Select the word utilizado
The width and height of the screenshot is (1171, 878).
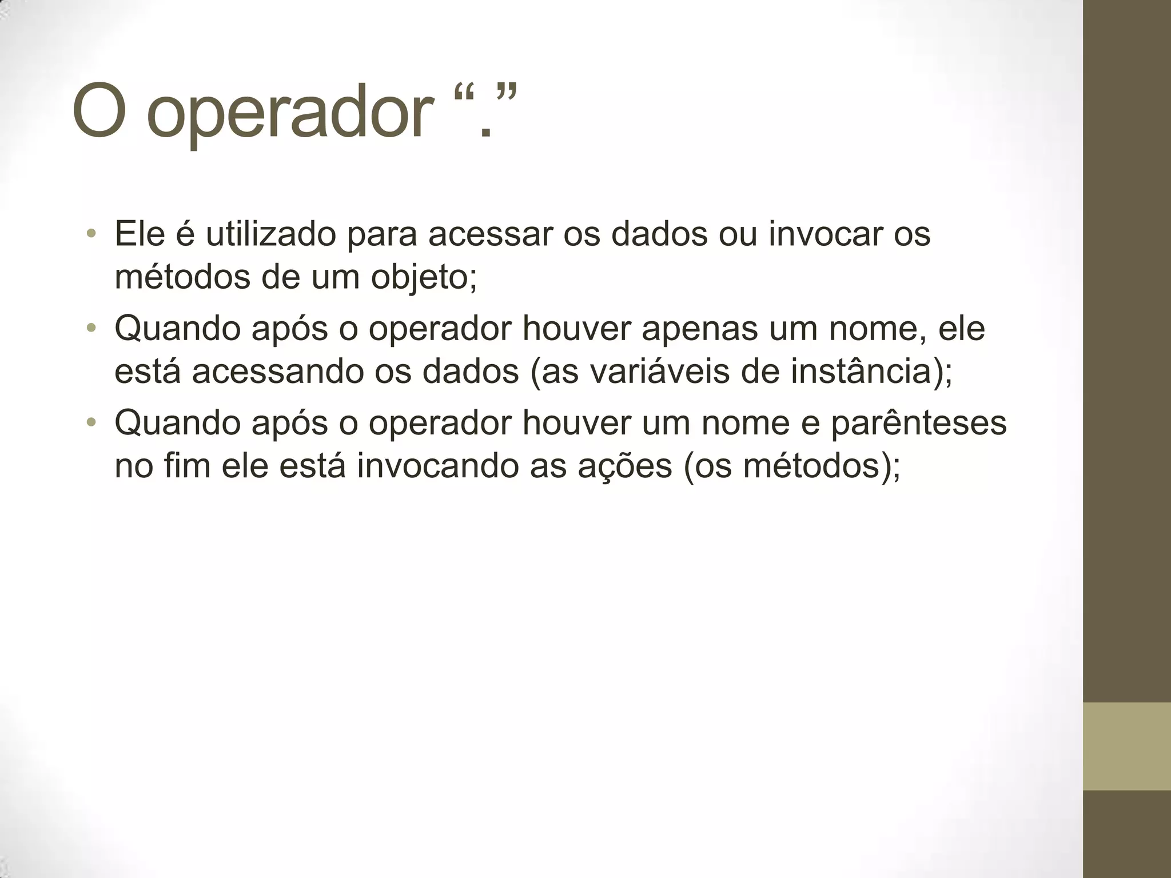[270, 234]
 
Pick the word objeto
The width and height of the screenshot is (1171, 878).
[423, 277]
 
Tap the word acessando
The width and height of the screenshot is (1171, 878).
[277, 371]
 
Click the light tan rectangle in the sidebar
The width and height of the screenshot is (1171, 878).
[1127, 746]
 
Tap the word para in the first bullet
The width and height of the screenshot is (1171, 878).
[382, 235]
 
